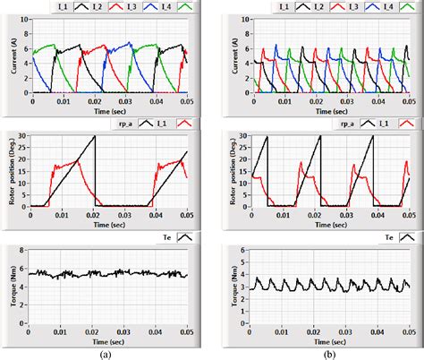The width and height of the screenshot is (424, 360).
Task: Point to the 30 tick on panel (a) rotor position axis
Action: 26,136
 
